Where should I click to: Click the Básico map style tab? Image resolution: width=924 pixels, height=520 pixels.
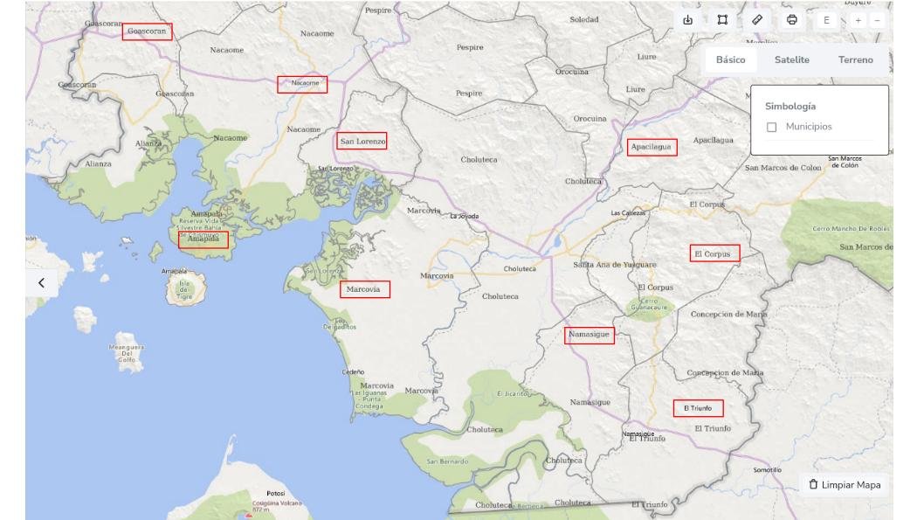click(730, 59)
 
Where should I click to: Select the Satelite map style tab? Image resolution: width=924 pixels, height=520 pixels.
click(791, 59)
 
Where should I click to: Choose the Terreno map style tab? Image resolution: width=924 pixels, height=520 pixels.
click(855, 59)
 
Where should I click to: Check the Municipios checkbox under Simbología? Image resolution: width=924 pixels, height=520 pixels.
click(772, 128)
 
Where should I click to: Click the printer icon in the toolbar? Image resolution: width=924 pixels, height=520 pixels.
click(792, 20)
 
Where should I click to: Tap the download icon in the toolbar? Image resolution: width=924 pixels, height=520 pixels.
click(687, 20)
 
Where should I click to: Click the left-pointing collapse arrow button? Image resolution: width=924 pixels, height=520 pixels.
click(41, 282)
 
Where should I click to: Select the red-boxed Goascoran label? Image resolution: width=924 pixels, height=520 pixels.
click(147, 31)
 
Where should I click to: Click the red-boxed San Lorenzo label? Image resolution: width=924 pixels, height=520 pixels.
click(362, 141)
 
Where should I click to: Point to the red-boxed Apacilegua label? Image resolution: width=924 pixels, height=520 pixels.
click(652, 147)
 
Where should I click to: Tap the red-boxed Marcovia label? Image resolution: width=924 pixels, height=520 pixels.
click(364, 289)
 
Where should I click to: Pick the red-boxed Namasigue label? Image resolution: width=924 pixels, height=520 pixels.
click(589, 335)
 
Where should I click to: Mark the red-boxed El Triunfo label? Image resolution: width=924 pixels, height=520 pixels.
click(698, 408)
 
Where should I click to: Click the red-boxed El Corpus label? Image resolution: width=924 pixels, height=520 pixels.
click(714, 253)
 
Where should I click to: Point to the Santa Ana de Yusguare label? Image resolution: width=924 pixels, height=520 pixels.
click(614, 264)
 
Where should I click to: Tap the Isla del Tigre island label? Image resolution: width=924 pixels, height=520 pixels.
click(184, 290)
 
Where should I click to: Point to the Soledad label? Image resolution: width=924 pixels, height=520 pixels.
click(584, 19)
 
